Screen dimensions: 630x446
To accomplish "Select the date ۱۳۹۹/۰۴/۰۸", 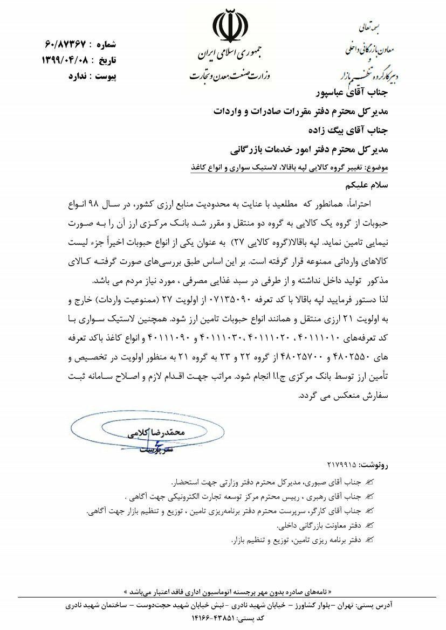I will click(60, 60).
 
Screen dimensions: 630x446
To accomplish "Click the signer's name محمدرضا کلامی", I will click(154, 433).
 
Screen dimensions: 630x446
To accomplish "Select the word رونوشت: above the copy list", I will click(373, 464).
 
